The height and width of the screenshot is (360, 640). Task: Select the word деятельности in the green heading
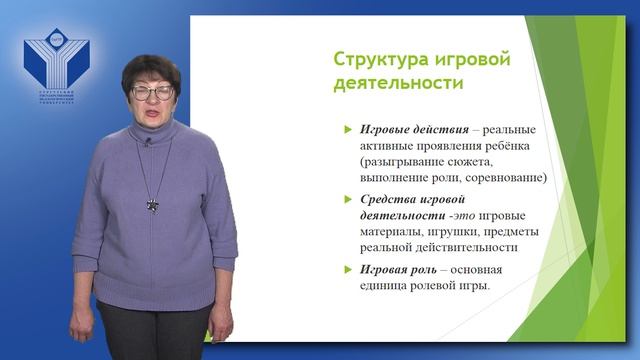(398, 84)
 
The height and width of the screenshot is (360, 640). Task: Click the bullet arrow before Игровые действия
(346, 130)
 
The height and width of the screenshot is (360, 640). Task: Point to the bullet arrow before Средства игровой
(346, 199)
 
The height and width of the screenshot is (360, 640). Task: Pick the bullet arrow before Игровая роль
(346, 270)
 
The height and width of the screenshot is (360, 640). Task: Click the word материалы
(386, 232)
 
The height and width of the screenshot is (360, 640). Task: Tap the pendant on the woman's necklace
(153, 204)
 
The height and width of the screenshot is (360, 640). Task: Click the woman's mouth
(154, 117)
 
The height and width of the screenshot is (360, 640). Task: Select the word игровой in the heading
(474, 59)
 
